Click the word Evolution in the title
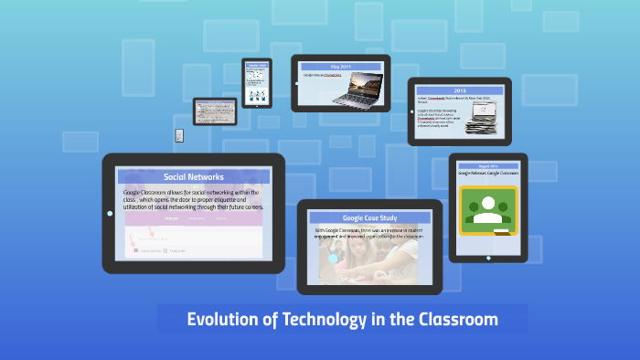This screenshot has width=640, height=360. point(220,320)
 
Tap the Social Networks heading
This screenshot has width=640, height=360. point(194,176)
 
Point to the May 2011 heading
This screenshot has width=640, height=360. point(341,66)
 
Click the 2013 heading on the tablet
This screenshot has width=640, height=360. point(459,90)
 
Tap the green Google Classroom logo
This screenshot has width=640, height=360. point(487,210)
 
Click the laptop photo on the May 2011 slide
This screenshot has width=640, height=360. point(357,88)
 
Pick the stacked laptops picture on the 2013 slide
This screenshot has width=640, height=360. point(482,116)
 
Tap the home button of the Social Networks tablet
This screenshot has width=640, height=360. point(110,213)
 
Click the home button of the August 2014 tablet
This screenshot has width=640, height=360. point(488,257)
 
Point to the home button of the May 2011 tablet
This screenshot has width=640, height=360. point(296,82)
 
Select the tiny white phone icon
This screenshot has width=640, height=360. point(179,135)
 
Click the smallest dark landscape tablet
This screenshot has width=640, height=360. point(215,111)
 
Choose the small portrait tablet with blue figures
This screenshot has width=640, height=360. point(257,83)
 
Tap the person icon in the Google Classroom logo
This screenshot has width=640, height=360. point(487,205)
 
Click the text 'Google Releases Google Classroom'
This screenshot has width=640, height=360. point(487,173)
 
